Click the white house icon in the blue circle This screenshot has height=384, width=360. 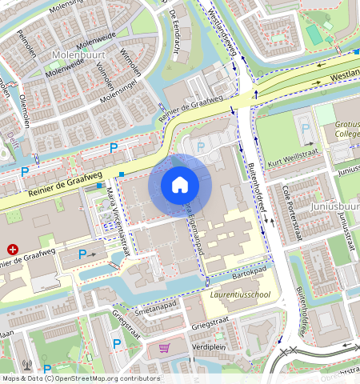[x=179, y=185]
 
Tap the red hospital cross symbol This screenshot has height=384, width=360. [x=11, y=249]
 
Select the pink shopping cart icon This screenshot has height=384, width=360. [x=165, y=349]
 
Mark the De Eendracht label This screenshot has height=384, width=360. [x=177, y=25]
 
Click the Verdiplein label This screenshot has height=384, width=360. [x=210, y=348]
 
